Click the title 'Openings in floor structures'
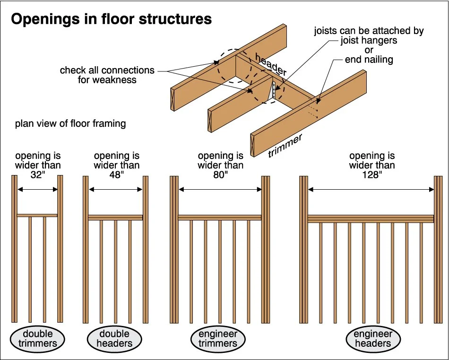coord(111,19)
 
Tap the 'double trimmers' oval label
coord(38,339)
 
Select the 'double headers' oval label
coord(115,339)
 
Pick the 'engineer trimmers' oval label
coord(218,339)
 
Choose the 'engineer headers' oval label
coord(372,339)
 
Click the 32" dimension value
coord(37,174)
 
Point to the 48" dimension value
coord(116,174)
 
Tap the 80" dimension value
coord(220,174)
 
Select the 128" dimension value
coord(372,174)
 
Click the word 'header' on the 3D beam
coord(271,64)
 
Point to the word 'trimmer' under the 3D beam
coord(285,145)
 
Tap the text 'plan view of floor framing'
coord(70,124)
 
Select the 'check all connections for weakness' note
coord(107,75)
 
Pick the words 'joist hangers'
coord(369,41)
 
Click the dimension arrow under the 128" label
coord(371,189)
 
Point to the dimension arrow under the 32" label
coord(37,189)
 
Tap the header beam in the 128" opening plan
coord(371,219)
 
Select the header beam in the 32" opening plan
coord(37,216)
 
